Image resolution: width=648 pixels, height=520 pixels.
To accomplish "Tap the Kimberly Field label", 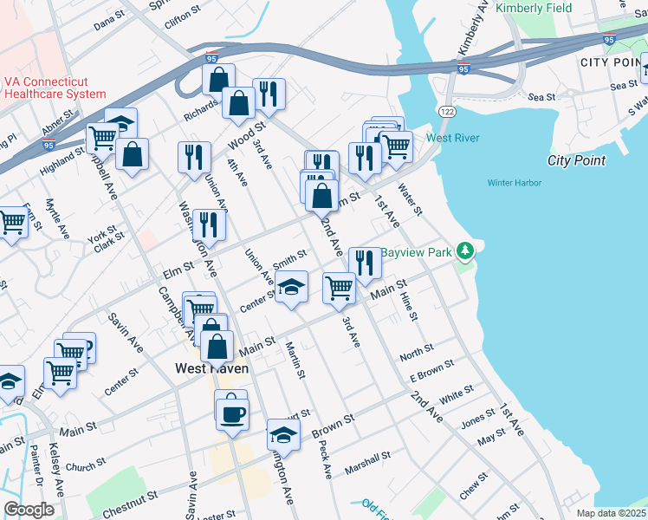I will (x=535, y=8).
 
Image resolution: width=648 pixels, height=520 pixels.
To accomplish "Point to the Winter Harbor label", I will (x=514, y=183).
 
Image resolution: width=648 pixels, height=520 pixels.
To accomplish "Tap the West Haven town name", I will (x=212, y=368).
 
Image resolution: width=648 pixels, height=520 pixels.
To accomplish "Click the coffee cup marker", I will (x=231, y=413).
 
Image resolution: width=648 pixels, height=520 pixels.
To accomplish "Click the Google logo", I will (x=29, y=510).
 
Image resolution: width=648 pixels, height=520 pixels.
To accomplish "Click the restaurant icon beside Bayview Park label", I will (x=365, y=262).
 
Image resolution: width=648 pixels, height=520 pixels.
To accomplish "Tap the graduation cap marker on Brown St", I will (x=283, y=433).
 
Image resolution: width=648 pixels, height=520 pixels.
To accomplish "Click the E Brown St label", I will (x=431, y=371).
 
